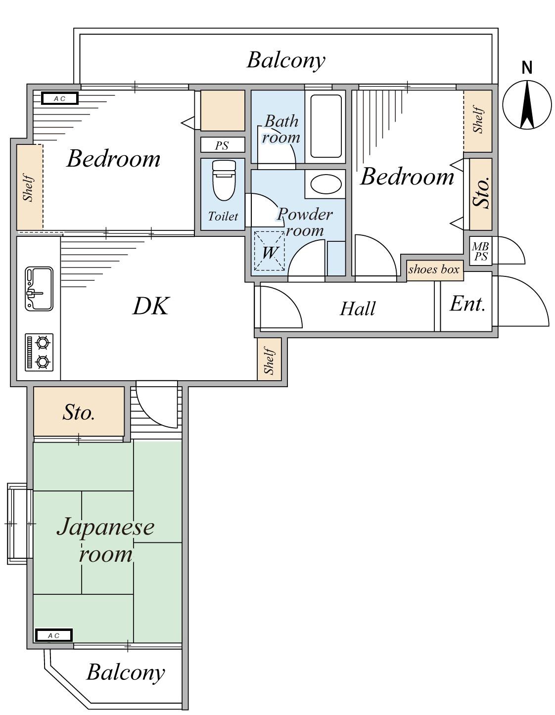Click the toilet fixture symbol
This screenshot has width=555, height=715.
pyautogui.click(x=224, y=180)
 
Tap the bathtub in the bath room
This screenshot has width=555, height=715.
pyautogui.click(x=325, y=126)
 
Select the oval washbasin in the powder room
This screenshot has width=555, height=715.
pyautogui.click(x=325, y=184)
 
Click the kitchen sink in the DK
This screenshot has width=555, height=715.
pyautogui.click(x=39, y=289)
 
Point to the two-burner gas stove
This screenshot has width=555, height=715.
pyautogui.click(x=39, y=352)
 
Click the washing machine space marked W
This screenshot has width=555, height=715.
pyautogui.click(x=269, y=251)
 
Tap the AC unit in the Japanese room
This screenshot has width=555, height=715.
pyautogui.click(x=53, y=635)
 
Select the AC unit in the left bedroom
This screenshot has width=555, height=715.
pyautogui.click(x=60, y=98)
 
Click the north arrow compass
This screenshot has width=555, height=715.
pyautogui.click(x=527, y=105)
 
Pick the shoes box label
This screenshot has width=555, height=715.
pyautogui.click(x=433, y=269)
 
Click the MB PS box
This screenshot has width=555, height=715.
pyautogui.click(x=480, y=251)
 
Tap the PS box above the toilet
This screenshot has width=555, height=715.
pyautogui.click(x=223, y=145)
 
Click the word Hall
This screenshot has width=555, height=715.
pyautogui.click(x=357, y=309)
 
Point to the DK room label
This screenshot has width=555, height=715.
pyautogui.click(x=151, y=306)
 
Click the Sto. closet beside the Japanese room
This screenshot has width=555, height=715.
pyautogui.click(x=79, y=412)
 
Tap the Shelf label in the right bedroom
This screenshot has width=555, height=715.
pyautogui.click(x=478, y=119)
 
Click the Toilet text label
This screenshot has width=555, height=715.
pyautogui.click(x=223, y=216)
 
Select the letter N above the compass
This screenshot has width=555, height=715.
pyautogui.click(x=527, y=68)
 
